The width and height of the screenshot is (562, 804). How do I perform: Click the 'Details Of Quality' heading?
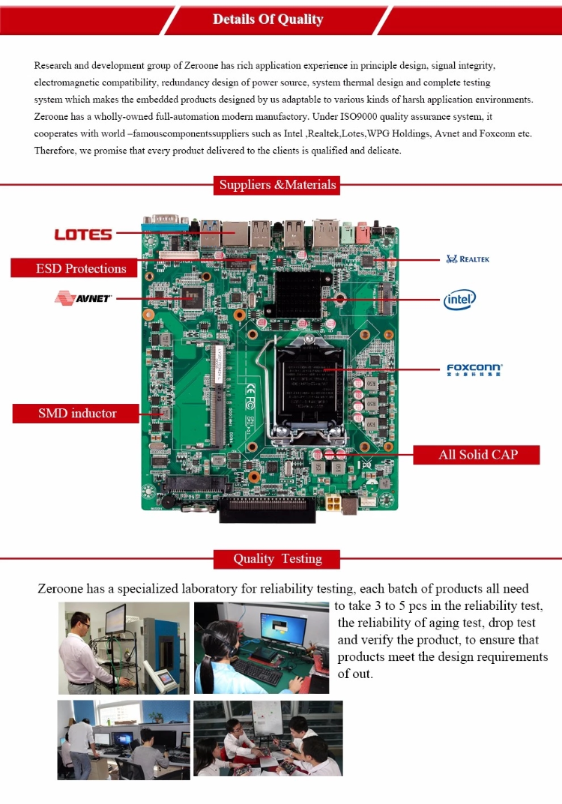tap(268, 19)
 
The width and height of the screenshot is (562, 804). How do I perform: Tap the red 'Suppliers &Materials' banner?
tap(277, 184)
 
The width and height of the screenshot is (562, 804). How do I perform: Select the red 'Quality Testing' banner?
tap(277, 559)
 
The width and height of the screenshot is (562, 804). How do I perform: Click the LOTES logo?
tap(82, 235)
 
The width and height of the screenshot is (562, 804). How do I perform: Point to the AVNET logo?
tap(82, 298)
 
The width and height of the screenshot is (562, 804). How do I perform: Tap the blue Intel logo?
tap(459, 300)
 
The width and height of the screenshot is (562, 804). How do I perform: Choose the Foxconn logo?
tap(474, 369)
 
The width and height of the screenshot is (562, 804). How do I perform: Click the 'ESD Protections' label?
tap(81, 268)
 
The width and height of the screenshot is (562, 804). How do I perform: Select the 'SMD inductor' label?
tap(77, 413)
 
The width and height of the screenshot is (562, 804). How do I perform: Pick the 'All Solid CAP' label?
tap(477, 454)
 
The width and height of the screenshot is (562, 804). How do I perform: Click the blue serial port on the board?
tap(164, 222)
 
